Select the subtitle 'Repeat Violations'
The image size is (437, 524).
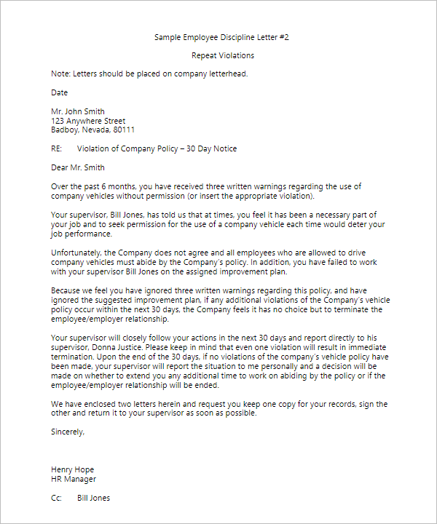click(223, 55)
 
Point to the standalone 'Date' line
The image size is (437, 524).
click(59, 93)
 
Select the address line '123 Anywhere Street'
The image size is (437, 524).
click(88, 121)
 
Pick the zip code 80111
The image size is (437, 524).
click(122, 130)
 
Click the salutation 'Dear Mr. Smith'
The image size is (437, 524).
click(78, 168)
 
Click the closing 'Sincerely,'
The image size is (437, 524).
click(68, 432)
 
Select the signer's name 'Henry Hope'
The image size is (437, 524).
click(72, 469)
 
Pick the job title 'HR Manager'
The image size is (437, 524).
click(74, 479)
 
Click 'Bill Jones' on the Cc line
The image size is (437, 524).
click(93, 498)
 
